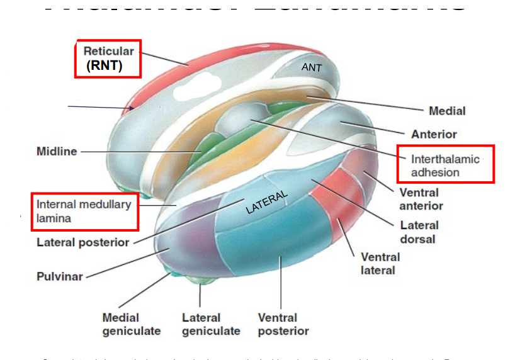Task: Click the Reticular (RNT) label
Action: coord(108,59)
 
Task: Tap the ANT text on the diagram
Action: coord(312,67)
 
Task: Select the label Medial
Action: coord(447,111)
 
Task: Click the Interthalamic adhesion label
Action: coord(445,166)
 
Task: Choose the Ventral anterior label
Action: coord(421,199)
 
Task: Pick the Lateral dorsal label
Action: coord(419,232)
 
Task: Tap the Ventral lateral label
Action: coord(380,263)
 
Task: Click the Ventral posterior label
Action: coord(283,324)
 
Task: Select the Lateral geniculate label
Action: coord(211,324)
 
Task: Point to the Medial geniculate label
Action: coord(131,324)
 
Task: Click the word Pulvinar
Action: coord(59,276)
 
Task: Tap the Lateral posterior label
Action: coord(82,242)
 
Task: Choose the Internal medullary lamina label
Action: coord(84,211)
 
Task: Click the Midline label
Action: coord(57,151)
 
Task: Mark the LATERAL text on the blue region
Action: coord(267,202)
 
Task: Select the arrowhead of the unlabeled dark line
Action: coord(132,108)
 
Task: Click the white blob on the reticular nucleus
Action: coord(192,85)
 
